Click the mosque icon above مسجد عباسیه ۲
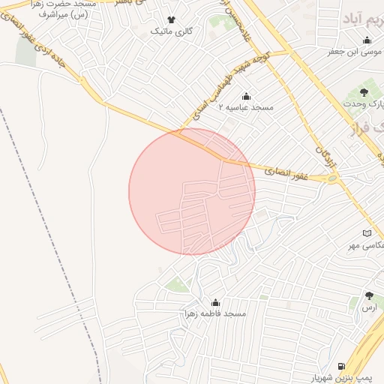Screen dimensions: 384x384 coord(246,96)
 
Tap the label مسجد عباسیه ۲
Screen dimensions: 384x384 coord(246,108)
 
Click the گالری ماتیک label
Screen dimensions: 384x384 coord(171,31)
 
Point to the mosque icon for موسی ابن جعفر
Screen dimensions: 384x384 coord(367,40)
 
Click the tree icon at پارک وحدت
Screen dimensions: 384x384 coord(364,92)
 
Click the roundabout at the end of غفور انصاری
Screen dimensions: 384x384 coord(332,178)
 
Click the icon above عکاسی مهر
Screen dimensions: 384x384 coord(367,234)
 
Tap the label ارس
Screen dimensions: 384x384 coord(368,308)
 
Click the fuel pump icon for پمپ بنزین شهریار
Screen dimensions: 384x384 coord(342,366)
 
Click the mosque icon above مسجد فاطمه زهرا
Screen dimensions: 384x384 coord(215,302)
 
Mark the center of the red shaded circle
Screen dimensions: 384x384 coord(192,191)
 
